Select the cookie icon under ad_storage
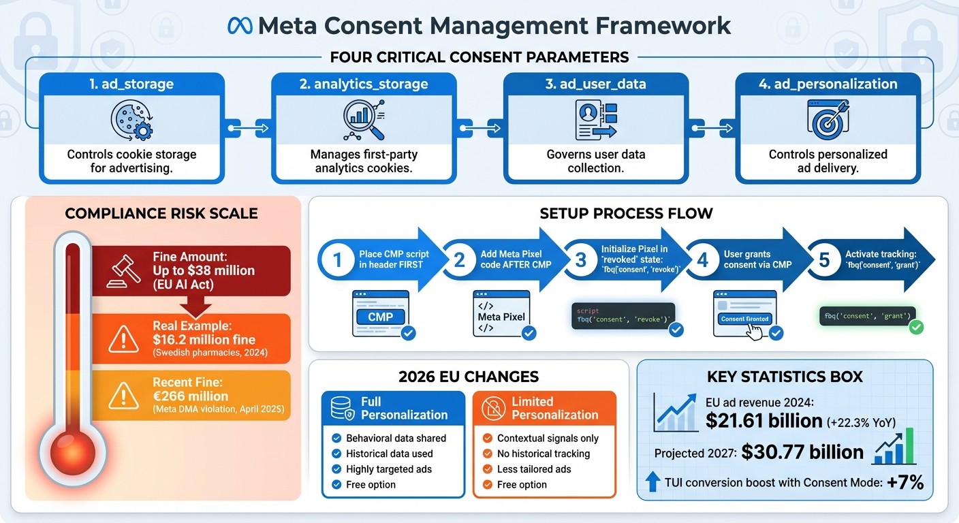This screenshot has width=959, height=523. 131,121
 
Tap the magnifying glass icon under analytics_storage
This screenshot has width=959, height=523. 363,120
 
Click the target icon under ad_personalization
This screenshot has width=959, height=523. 828,120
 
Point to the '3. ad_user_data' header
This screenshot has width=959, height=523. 596,84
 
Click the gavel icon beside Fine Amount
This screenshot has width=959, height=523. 121,270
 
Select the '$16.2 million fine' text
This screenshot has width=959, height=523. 204,339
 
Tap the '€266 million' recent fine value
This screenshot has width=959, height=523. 191,396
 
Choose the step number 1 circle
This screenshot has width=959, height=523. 336,259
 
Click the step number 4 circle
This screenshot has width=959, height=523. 702,259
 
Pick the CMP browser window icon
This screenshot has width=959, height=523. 381,314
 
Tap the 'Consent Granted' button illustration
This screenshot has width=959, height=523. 744,319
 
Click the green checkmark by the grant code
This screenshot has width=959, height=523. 916,328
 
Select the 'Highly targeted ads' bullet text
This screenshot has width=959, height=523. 388,469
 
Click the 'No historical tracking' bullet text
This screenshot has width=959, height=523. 543,454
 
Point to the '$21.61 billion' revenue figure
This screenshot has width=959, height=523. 764,421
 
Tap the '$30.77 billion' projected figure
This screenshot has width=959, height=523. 802,452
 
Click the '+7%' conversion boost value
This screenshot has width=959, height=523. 906,483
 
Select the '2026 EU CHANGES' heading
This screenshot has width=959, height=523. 469,377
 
